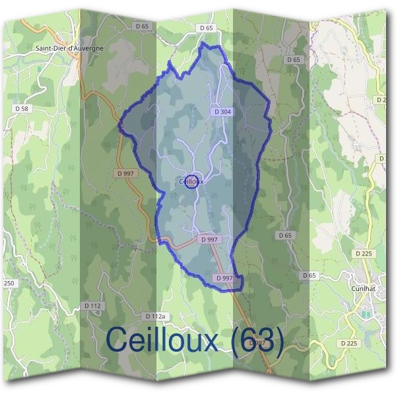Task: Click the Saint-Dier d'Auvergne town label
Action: pyautogui.click(x=69, y=48)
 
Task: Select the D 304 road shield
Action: pyautogui.click(x=222, y=112)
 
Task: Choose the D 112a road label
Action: pyautogui.click(x=154, y=317)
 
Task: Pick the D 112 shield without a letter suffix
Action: pyautogui.click(x=92, y=306)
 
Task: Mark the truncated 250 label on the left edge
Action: pyautogui.click(x=8, y=283)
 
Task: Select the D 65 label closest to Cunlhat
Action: pyautogui.click(x=309, y=275)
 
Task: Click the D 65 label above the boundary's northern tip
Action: pyautogui.click(x=206, y=28)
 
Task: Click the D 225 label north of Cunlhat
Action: pyautogui.click(x=364, y=253)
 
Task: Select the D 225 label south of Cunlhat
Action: pyautogui.click(x=349, y=343)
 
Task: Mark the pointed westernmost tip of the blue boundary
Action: pyautogui.click(x=119, y=123)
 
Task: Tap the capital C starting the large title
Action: pyautogui.click(x=117, y=341)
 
